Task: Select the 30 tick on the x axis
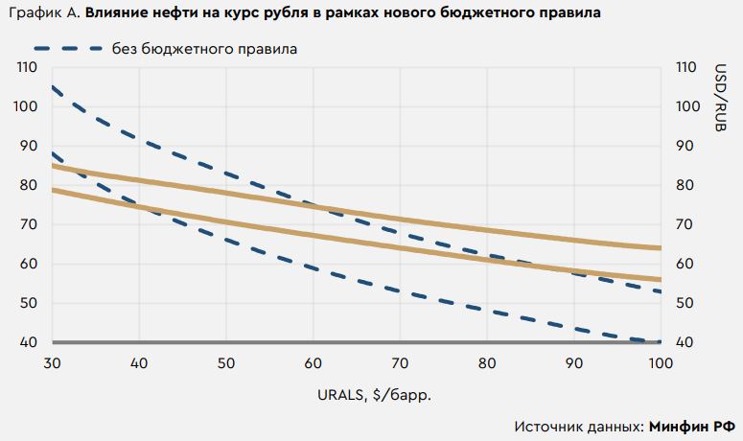(x=52, y=363)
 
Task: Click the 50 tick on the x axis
(x=225, y=363)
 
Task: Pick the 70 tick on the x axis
(x=400, y=363)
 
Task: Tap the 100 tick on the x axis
(x=661, y=363)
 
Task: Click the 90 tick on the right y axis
(x=684, y=147)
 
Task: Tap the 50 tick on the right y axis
(x=684, y=304)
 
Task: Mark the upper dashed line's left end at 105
(x=53, y=87)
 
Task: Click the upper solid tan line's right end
(x=661, y=248)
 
